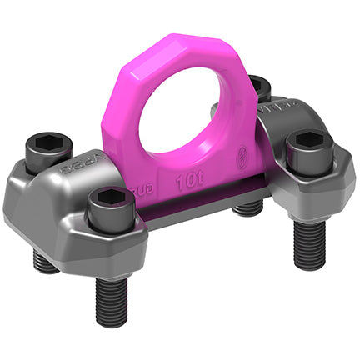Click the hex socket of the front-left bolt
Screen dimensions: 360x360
110,198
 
